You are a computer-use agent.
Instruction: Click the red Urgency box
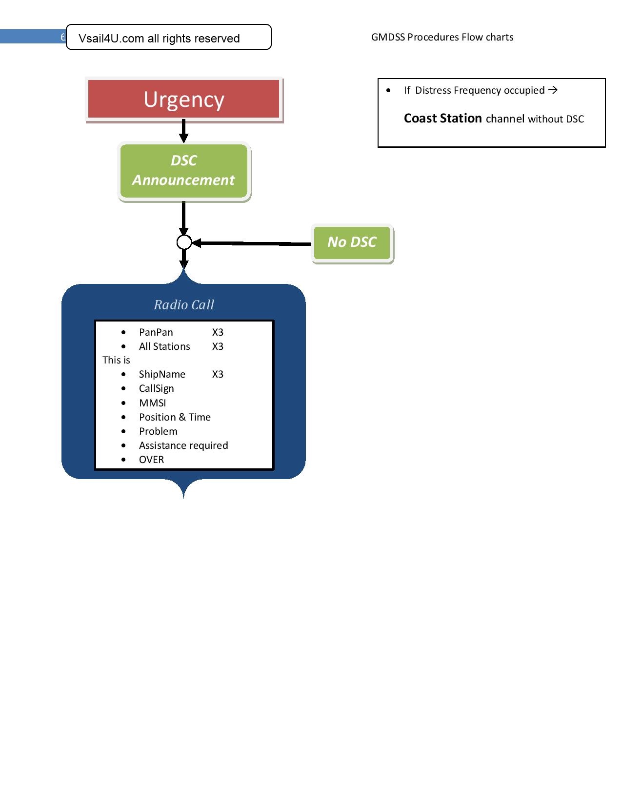click(x=184, y=100)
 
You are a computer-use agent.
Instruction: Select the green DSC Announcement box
click(x=184, y=170)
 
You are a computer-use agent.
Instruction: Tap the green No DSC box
click(x=352, y=242)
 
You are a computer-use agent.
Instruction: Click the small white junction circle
click(x=184, y=242)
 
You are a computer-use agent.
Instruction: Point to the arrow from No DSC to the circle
click(x=251, y=243)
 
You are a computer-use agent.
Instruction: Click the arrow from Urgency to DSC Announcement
click(x=184, y=131)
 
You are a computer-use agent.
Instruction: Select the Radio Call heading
click(x=184, y=305)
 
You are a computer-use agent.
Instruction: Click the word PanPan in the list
click(x=156, y=332)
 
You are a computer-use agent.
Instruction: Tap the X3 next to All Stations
click(x=218, y=346)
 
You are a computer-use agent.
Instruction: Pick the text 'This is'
click(x=116, y=360)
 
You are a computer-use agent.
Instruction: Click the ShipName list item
click(x=162, y=374)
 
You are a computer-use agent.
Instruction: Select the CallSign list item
click(x=156, y=388)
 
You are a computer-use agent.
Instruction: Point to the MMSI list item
click(x=152, y=403)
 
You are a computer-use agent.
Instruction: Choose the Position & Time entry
click(x=175, y=417)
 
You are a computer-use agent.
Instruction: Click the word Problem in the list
click(x=158, y=431)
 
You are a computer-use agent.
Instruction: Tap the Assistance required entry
click(x=183, y=445)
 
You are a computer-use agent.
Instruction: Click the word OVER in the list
click(x=151, y=460)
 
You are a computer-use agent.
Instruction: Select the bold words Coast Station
click(x=442, y=119)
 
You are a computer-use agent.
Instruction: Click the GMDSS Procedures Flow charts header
click(x=442, y=37)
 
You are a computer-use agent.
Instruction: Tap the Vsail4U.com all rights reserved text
click(x=159, y=39)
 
